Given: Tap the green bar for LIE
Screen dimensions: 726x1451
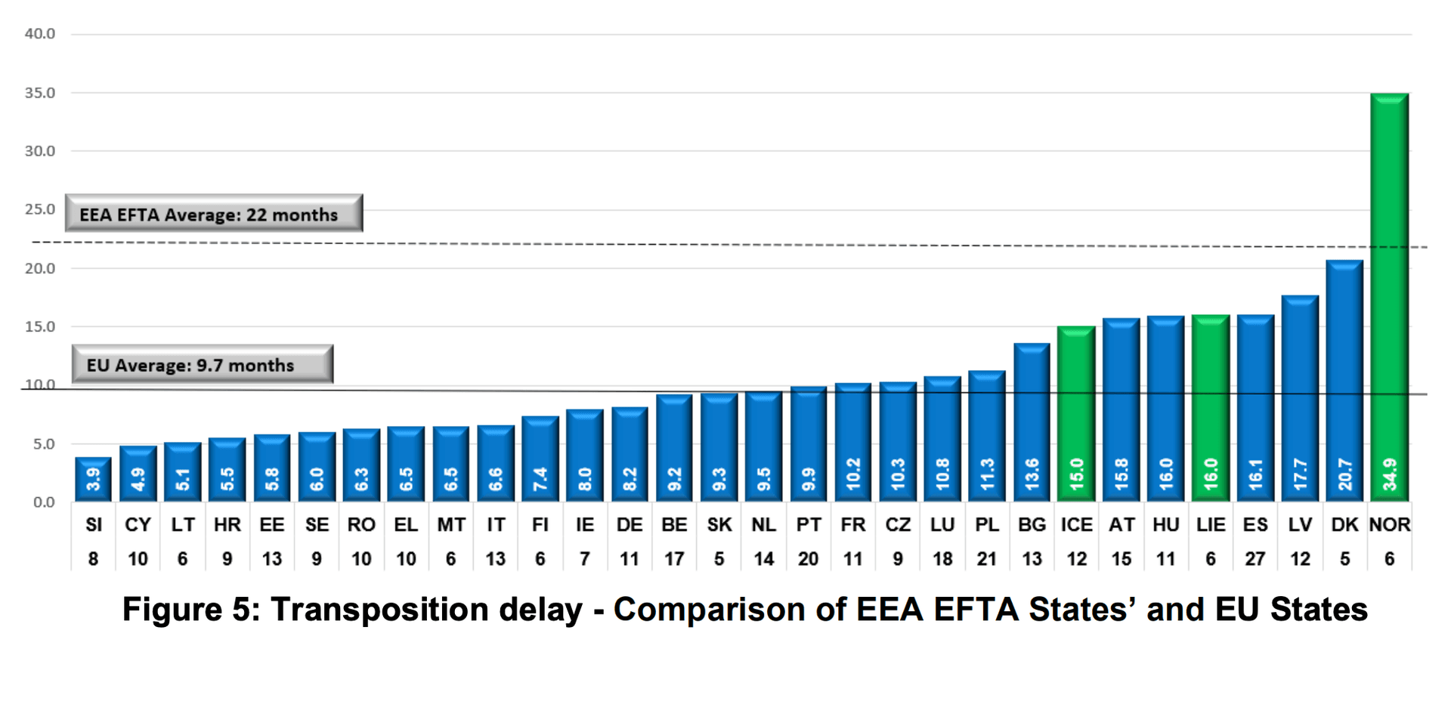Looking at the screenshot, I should coord(1210,408).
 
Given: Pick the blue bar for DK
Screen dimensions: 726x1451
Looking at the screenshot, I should coord(1344,378).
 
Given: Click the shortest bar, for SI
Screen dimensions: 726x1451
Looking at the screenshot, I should coord(93,479).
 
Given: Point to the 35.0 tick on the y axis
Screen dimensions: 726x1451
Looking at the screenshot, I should coord(40,93).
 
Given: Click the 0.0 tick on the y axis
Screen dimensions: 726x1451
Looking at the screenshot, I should coord(44,502).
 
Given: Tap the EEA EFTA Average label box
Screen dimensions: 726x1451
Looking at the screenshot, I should coord(213,214).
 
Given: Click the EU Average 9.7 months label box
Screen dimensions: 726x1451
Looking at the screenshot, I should coord(202,365).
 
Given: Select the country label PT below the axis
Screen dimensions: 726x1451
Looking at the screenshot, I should coord(808,525).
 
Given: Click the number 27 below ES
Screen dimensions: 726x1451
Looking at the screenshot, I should coord(1255,559).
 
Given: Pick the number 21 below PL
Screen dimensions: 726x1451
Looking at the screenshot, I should coord(986,559).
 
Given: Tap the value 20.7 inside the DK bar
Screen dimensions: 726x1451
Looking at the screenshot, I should coord(1344,474).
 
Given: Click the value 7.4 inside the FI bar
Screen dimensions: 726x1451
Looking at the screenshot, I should coord(540,479).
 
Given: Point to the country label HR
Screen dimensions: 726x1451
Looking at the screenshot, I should coord(227,525).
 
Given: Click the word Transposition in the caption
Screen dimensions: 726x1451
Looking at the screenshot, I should coord(426,610).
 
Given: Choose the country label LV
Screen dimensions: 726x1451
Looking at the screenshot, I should coord(1299,525).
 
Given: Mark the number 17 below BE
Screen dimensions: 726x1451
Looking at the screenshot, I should coord(673,559).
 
